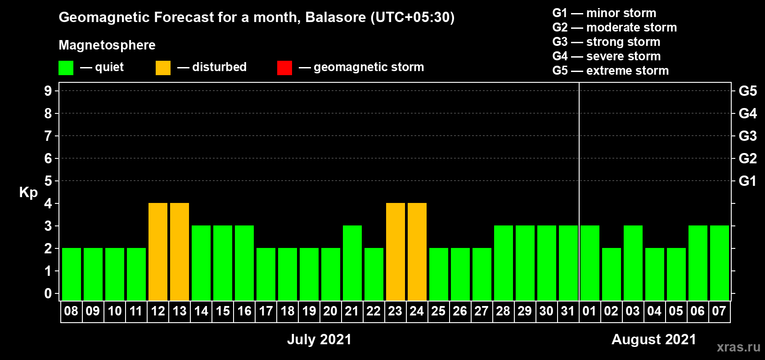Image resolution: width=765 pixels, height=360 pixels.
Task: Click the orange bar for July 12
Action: (158, 252)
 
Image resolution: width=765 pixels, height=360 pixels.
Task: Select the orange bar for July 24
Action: (417, 252)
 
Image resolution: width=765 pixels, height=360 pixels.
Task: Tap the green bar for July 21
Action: (352, 263)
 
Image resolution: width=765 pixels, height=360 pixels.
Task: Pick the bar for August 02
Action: (611, 274)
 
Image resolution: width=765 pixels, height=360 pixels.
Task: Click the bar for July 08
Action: (72, 274)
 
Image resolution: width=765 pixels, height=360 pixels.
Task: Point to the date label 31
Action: (568, 311)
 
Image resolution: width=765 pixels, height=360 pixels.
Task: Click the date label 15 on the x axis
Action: (223, 311)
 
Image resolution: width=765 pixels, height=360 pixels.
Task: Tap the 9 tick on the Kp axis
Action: (48, 91)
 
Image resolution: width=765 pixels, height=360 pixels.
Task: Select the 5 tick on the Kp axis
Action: (48, 181)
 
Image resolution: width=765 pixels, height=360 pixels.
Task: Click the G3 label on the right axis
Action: (747, 136)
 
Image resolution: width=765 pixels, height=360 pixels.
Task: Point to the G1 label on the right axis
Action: (747, 181)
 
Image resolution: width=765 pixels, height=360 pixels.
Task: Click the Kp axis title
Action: (28, 193)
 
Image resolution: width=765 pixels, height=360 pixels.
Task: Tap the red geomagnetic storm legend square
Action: (284, 67)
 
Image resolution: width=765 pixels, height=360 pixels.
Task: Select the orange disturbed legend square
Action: (163, 67)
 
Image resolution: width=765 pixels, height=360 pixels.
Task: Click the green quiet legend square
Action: (66, 67)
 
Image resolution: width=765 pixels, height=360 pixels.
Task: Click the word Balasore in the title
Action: (335, 17)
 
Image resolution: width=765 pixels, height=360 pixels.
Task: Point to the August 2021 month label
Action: (654, 339)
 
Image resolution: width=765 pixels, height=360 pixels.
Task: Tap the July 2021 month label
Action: (319, 339)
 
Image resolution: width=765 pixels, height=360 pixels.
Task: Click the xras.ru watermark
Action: (739, 347)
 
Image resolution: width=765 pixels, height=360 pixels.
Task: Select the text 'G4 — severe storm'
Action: (606, 56)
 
